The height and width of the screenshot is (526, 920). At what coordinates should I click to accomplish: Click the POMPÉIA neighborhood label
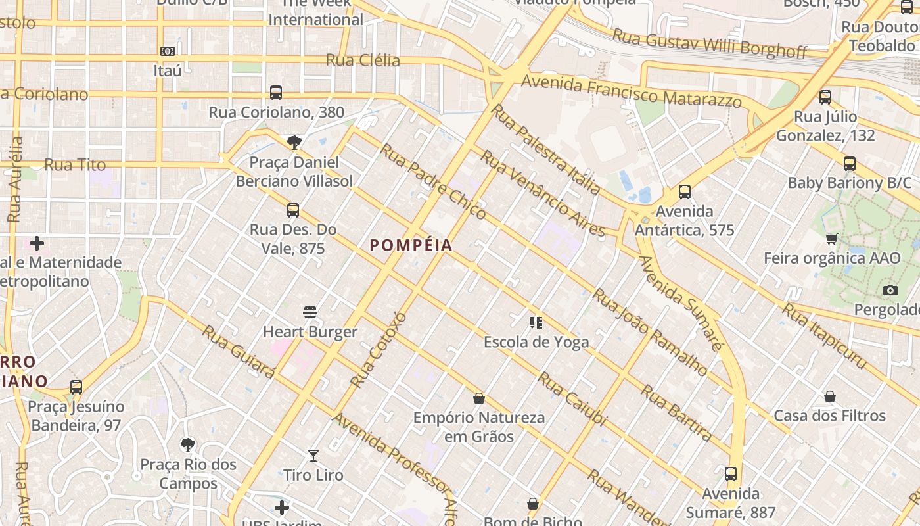pyautogui.click(x=411, y=245)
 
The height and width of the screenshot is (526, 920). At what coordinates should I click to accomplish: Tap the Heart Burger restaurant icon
pyautogui.click(x=310, y=312)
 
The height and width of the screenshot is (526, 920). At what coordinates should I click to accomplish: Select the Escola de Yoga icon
pyautogui.click(x=536, y=322)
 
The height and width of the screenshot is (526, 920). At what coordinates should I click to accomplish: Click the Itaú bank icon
pyautogui.click(x=167, y=51)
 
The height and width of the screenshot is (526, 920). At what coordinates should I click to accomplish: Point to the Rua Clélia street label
pyautogui.click(x=363, y=60)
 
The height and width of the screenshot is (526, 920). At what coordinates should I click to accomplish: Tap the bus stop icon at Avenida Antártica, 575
pyautogui.click(x=685, y=192)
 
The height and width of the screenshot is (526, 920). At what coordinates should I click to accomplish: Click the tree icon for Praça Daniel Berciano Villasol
pyautogui.click(x=294, y=142)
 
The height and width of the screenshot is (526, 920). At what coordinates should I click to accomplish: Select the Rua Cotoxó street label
pyautogui.click(x=379, y=349)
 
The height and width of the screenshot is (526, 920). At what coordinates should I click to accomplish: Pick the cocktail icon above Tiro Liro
pyautogui.click(x=313, y=455)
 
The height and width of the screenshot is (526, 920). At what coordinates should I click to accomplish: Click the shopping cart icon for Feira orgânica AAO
pyautogui.click(x=832, y=238)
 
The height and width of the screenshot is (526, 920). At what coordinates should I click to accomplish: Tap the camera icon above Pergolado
pyautogui.click(x=890, y=290)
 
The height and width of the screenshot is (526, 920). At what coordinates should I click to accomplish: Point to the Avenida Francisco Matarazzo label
pyautogui.click(x=631, y=91)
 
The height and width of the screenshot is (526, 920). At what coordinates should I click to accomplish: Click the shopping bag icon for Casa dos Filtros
pyautogui.click(x=830, y=396)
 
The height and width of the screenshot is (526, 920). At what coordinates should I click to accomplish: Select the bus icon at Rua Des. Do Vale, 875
pyautogui.click(x=293, y=210)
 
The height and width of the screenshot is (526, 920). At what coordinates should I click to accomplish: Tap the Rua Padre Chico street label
pyautogui.click(x=433, y=181)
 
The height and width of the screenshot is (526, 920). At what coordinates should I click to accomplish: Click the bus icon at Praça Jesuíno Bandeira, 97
pyautogui.click(x=76, y=387)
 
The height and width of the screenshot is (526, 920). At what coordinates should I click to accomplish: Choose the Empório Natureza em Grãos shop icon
pyautogui.click(x=479, y=398)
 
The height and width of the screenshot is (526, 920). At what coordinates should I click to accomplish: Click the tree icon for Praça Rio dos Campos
pyautogui.click(x=188, y=445)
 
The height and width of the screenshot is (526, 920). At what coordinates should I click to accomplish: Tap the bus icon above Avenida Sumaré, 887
pyautogui.click(x=731, y=474)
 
